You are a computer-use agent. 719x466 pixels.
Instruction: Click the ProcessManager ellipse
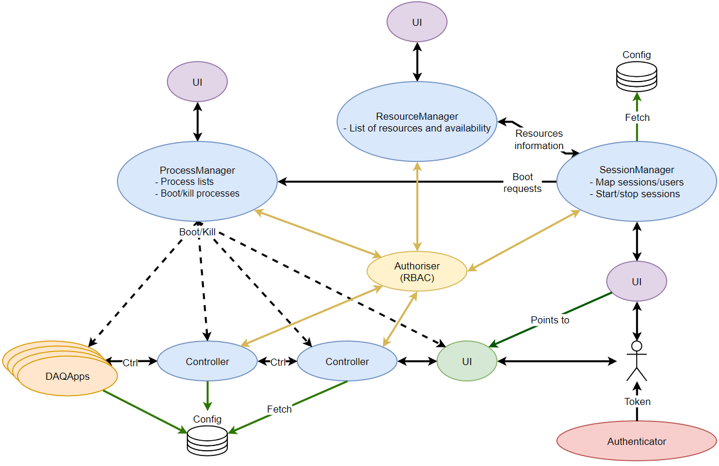(197, 181)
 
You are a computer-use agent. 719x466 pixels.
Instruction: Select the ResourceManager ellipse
(417, 121)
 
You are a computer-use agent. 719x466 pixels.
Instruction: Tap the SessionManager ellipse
(636, 181)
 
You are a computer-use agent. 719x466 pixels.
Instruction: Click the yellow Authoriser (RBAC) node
(417, 271)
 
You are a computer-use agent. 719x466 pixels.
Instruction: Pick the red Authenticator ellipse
(636, 441)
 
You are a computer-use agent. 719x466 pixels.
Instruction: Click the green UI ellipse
(466, 361)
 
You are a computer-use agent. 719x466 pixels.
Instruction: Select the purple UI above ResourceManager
(416, 22)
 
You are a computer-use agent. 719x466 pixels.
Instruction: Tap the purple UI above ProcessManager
(197, 82)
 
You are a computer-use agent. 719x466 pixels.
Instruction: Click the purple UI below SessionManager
(636, 282)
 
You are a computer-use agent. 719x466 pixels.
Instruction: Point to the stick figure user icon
(636, 360)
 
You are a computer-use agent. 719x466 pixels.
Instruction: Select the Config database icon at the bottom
(207, 440)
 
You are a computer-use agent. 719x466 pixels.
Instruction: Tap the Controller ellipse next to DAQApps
(207, 361)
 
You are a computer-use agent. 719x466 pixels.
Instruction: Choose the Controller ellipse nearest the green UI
(347, 361)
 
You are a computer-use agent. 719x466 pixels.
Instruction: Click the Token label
(637, 402)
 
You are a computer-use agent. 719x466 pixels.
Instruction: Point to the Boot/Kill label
(197, 232)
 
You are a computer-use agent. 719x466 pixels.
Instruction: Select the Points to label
(550, 320)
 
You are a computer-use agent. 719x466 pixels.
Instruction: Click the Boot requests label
(522, 183)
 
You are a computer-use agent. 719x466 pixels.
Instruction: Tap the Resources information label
(539, 140)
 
